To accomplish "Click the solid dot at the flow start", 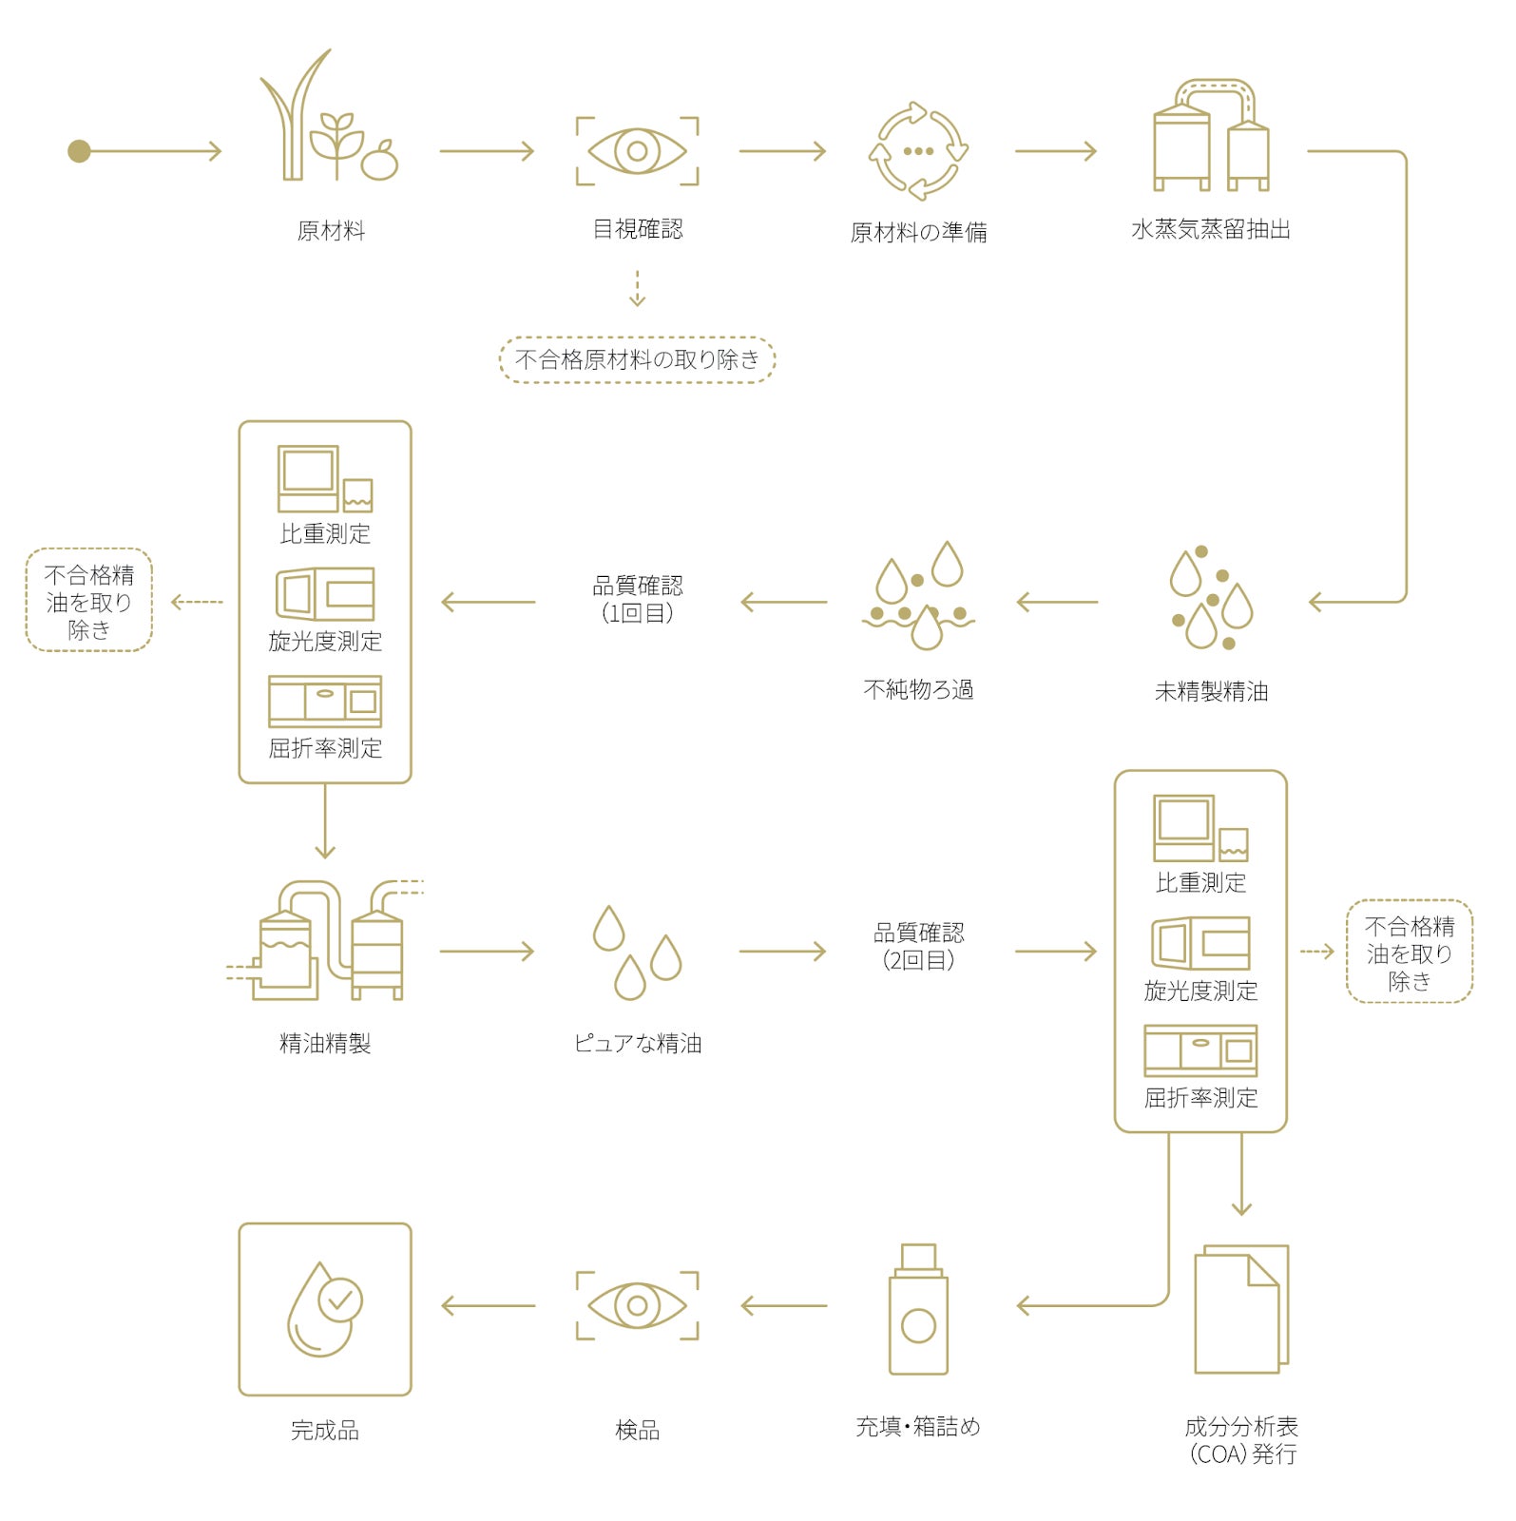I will tap(79, 151).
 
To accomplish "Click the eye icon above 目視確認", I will tap(637, 151).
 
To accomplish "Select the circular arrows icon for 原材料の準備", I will tap(917, 151).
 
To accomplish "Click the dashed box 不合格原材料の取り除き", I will tap(637, 359).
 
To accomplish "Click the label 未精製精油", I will tap(1211, 691).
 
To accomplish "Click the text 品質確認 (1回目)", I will tap(637, 599).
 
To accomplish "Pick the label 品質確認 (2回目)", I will tap(917, 946).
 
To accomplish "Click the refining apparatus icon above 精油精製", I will tap(325, 941).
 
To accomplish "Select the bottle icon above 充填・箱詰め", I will tap(917, 1309).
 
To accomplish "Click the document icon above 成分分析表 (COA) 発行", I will tap(1240, 1309).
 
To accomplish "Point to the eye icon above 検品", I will tap(637, 1305).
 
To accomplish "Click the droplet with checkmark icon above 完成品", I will tap(324, 1309).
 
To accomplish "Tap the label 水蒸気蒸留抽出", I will tap(1210, 229).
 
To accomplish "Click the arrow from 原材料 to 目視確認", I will tap(487, 151).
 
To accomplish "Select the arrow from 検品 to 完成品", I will tap(489, 1306).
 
